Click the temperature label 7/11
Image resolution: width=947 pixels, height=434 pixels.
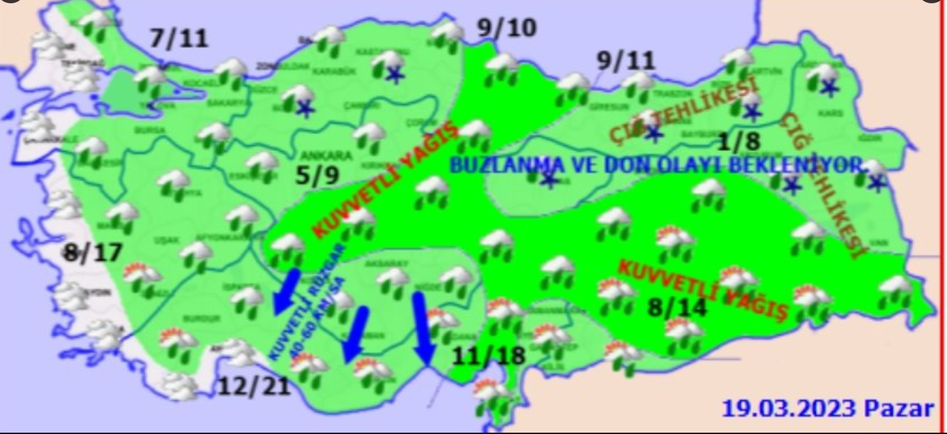point(179,39)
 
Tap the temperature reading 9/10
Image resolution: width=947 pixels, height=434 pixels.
point(506,28)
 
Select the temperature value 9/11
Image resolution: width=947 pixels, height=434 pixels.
point(625,61)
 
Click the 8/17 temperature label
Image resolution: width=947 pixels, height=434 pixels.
point(92,252)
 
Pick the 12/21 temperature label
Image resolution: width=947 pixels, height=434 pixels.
point(253,386)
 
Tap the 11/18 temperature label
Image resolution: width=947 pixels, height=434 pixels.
point(491,356)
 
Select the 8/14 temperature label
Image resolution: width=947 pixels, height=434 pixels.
point(678,307)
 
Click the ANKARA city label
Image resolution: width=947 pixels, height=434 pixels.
point(326,156)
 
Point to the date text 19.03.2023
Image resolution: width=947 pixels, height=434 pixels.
point(789,409)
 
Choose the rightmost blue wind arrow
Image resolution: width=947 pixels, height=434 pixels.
point(422,328)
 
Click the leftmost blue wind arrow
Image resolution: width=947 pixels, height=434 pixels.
point(285,290)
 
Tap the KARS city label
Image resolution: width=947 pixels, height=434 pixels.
point(835,113)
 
